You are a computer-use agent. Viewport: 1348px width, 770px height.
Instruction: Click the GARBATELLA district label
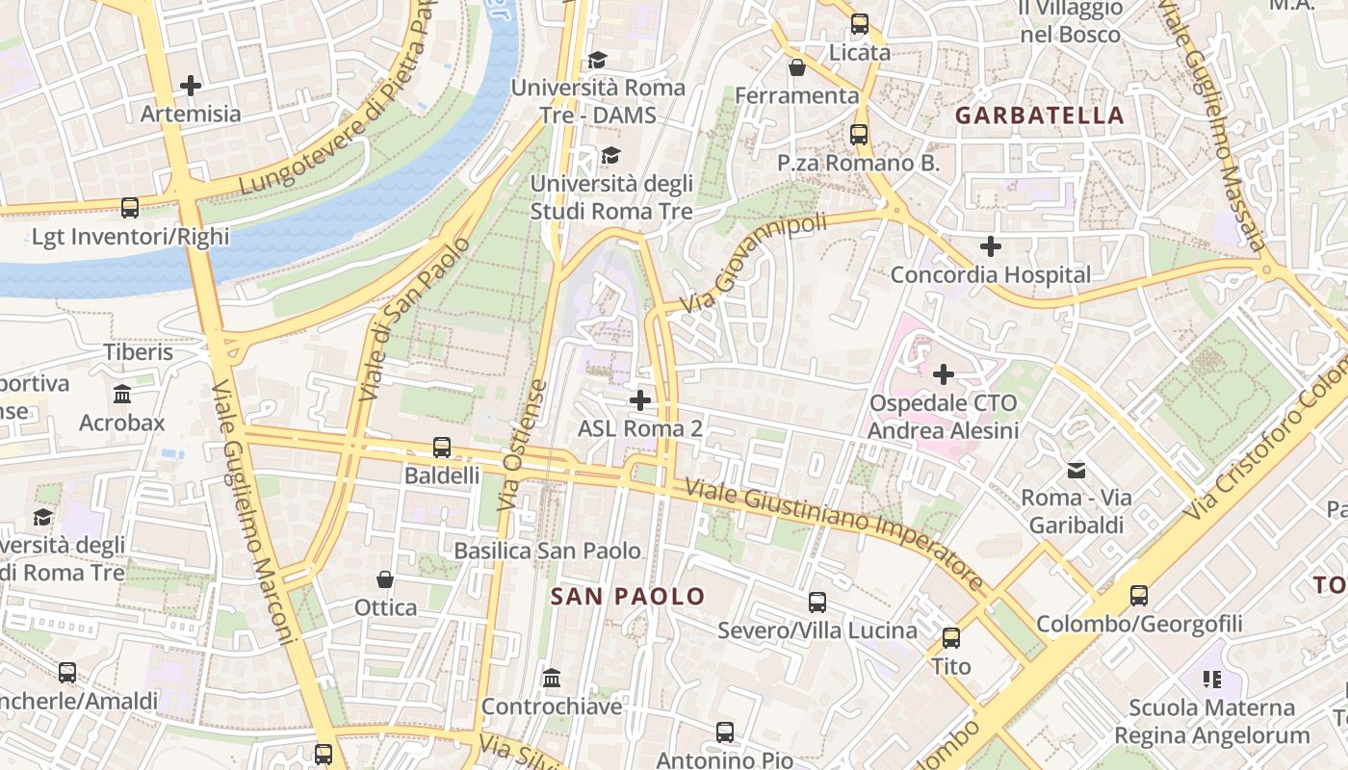tap(1039, 115)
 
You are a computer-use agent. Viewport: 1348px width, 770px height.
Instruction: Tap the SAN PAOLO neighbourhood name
tap(628, 596)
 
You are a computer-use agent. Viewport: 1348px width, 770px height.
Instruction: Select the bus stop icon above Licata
tap(859, 24)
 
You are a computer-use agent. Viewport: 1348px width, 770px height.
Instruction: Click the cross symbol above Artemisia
tap(191, 86)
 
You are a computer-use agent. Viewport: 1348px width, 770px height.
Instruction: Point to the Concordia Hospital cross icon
tap(990, 246)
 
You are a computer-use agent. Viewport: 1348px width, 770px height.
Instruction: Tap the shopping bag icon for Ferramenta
tap(797, 67)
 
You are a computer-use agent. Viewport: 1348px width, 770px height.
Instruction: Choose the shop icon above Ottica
tap(385, 579)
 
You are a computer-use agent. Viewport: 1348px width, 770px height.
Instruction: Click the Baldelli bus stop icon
tap(441, 448)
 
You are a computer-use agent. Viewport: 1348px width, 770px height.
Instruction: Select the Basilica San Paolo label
tap(547, 551)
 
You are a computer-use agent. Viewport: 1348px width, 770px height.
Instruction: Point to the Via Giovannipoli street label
tap(753, 263)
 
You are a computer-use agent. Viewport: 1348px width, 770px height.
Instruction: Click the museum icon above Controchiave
tap(552, 679)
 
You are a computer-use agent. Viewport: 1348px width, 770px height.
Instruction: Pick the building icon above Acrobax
tap(122, 395)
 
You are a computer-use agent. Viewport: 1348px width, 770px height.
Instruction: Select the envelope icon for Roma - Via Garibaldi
tap(1076, 471)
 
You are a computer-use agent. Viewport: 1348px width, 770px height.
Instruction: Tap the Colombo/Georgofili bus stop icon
tap(1139, 596)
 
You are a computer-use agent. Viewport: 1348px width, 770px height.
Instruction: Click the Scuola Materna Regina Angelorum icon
tap(1211, 680)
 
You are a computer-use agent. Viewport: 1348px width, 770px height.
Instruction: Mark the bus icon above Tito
tap(950, 637)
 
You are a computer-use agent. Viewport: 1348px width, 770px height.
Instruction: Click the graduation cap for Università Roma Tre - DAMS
tap(597, 60)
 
